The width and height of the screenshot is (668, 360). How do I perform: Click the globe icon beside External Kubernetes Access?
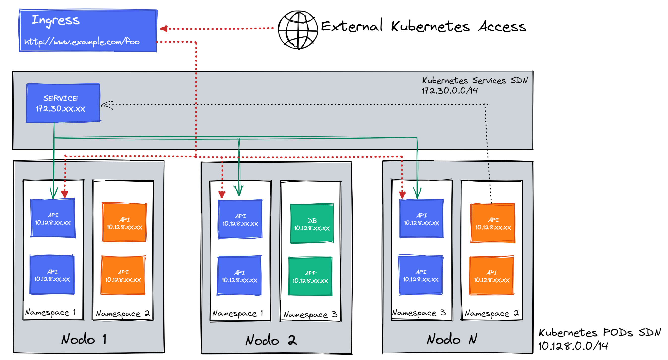(x=298, y=30)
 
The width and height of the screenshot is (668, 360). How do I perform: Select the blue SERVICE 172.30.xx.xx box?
(x=63, y=103)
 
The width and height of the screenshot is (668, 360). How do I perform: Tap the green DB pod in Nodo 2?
(x=312, y=224)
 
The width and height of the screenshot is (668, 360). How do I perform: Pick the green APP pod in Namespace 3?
(x=310, y=276)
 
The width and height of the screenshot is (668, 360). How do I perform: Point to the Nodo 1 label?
(x=84, y=339)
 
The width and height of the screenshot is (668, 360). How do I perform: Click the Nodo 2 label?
(x=271, y=340)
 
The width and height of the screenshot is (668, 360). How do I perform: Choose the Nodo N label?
(x=452, y=339)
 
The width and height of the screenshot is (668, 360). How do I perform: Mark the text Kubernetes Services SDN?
(x=475, y=80)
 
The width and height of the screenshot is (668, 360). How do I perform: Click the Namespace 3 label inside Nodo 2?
(x=310, y=315)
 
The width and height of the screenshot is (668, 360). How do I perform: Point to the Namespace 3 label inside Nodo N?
(x=419, y=313)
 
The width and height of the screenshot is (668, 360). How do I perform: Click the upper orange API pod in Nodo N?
(x=493, y=223)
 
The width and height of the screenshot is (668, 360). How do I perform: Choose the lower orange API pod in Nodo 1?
(x=123, y=275)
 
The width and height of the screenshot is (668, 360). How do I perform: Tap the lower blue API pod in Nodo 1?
(x=52, y=275)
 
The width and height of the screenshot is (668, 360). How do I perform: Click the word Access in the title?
(x=502, y=27)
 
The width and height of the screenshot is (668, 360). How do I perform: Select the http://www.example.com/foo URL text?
(x=82, y=41)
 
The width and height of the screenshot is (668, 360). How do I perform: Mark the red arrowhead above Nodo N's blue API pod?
(x=402, y=195)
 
